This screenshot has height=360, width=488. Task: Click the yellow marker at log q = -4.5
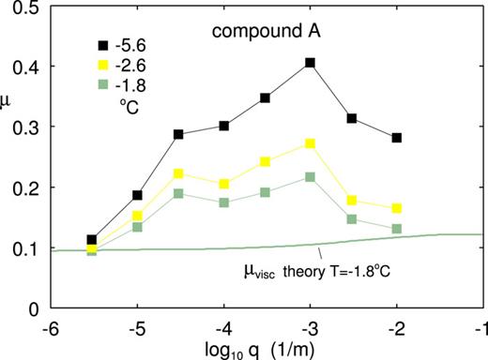click(x=178, y=174)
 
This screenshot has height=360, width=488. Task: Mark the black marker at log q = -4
click(x=222, y=126)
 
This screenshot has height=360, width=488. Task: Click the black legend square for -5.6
click(x=96, y=44)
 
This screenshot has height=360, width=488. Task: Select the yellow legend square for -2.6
click(x=96, y=66)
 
